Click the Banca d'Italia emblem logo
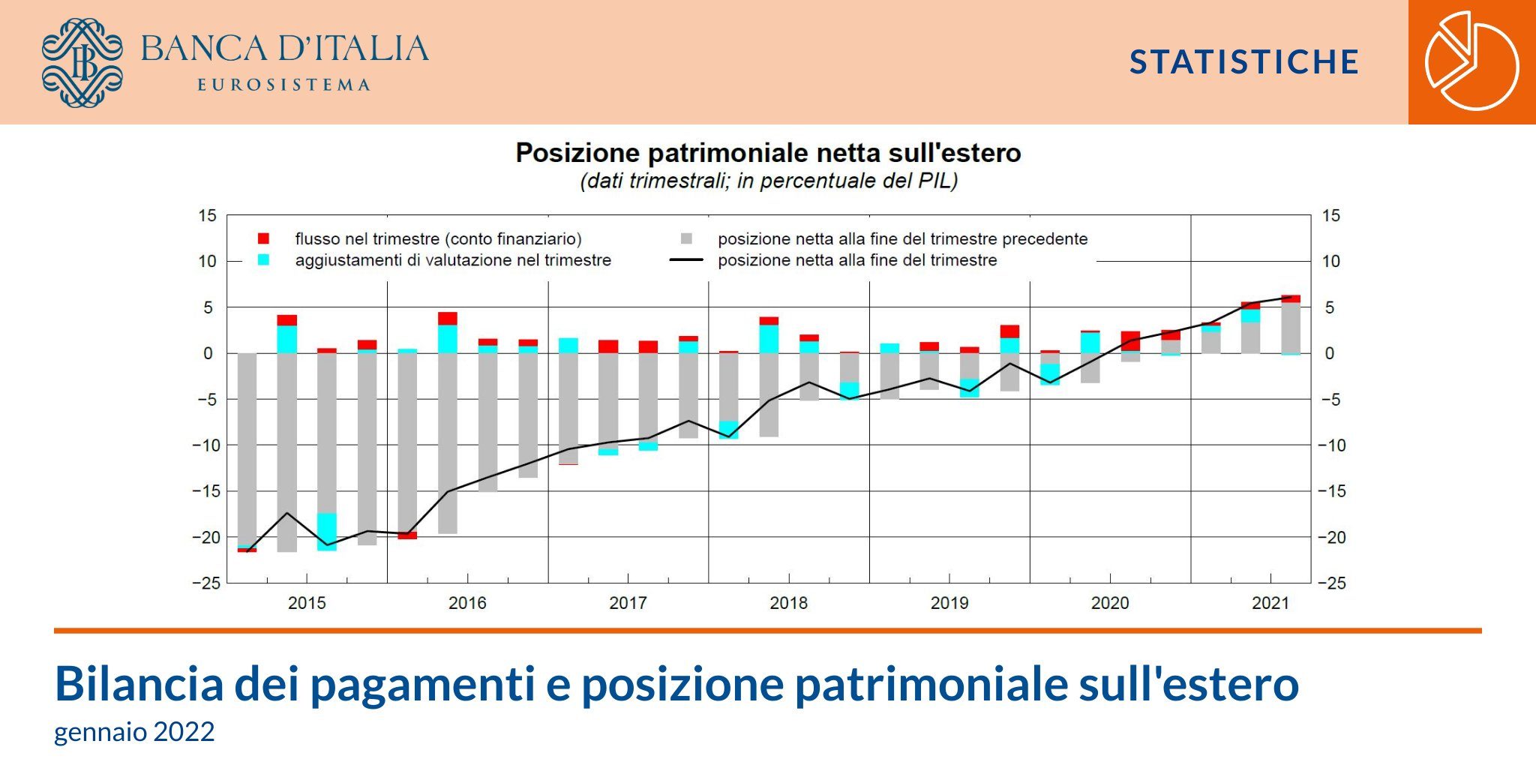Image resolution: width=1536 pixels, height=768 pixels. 82,62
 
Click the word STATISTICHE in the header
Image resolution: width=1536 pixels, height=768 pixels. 1244,62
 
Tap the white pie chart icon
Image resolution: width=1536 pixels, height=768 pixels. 1471,61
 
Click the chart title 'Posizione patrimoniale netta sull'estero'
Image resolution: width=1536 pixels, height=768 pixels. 768,153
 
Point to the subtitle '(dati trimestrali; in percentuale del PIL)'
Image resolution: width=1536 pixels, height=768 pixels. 769,181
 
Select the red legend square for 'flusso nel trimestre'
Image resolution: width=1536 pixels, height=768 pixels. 263,238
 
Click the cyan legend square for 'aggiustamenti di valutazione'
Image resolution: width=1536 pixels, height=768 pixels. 263,259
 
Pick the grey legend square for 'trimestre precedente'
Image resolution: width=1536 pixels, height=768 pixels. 686,238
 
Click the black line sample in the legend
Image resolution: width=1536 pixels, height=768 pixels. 686,260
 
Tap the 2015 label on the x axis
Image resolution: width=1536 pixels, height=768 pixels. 307,603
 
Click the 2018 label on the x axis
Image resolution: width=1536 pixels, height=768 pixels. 789,603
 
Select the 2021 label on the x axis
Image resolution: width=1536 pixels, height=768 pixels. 1270,603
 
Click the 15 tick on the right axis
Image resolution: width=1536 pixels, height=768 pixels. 1330,216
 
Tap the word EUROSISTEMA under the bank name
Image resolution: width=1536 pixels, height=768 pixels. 283,85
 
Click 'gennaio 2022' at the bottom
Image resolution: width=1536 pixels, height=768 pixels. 134,731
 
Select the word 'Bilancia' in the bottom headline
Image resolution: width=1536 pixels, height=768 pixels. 139,683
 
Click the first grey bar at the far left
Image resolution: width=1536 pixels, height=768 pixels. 247,449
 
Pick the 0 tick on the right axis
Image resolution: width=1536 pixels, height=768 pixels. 1330,353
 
